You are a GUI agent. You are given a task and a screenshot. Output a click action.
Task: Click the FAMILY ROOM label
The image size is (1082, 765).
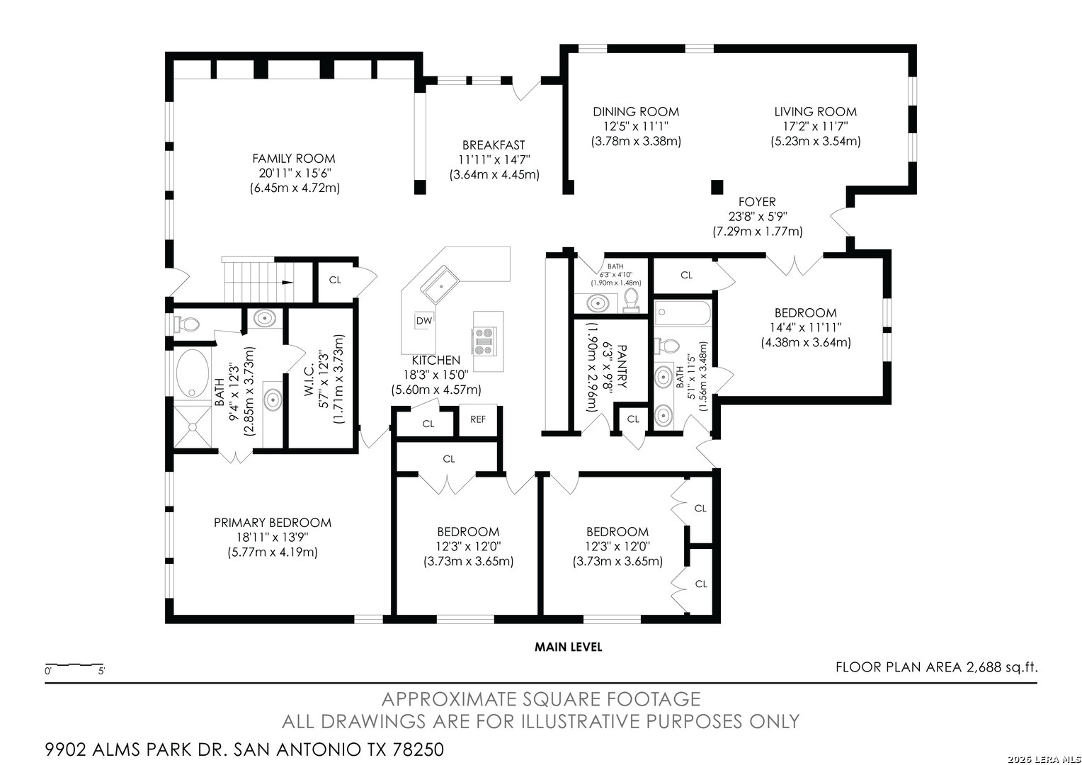point(294,159)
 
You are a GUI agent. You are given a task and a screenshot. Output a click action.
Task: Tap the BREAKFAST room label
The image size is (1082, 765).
point(494,145)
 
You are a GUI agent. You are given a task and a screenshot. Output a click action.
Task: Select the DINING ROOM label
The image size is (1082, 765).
point(636,112)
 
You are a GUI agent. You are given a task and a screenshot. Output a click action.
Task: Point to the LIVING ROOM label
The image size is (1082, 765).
point(815,112)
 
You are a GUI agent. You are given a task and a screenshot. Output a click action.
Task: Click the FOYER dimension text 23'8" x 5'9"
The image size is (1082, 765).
point(757,217)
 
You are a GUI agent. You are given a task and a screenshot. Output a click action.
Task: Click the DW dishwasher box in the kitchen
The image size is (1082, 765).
point(424,320)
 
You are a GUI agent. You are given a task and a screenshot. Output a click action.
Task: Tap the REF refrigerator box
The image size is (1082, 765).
point(478,419)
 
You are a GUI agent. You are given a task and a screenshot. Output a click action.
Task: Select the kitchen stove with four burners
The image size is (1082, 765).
point(484,341)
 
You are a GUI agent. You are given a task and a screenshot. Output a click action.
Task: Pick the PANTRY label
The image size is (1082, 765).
point(622,366)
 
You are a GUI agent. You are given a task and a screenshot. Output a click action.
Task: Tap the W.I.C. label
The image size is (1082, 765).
point(309,380)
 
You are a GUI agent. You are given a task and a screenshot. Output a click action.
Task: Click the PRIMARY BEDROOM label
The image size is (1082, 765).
point(273,523)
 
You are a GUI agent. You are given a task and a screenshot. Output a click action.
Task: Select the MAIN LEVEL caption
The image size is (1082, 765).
point(568,647)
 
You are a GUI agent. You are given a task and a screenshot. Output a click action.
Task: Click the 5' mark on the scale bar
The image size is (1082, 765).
point(101,671)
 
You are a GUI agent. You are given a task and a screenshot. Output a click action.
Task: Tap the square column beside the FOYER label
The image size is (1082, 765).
point(717,186)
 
